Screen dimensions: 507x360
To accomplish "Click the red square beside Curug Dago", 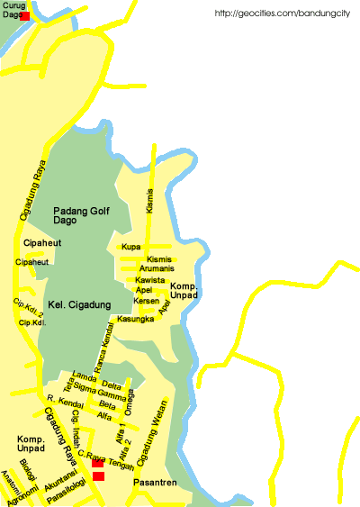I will pyautogui.click(x=24, y=16).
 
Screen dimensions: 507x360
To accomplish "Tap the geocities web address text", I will pyautogui.click(x=282, y=14).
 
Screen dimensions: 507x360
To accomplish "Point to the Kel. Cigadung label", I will pyautogui.click(x=79, y=304).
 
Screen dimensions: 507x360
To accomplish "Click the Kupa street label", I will pyautogui.click(x=131, y=247).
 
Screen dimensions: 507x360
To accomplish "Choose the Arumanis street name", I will pyautogui.click(x=157, y=268).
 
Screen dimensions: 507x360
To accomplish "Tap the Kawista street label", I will pyautogui.click(x=149, y=280).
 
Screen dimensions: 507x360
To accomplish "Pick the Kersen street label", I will pyautogui.click(x=146, y=300).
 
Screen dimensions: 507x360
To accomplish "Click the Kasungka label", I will pyautogui.click(x=136, y=319).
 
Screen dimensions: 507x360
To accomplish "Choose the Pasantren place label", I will pyautogui.click(x=150, y=484).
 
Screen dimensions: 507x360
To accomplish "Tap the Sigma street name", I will pyautogui.click(x=85, y=387).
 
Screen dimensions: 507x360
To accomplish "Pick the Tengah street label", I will pyautogui.click(x=121, y=466).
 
